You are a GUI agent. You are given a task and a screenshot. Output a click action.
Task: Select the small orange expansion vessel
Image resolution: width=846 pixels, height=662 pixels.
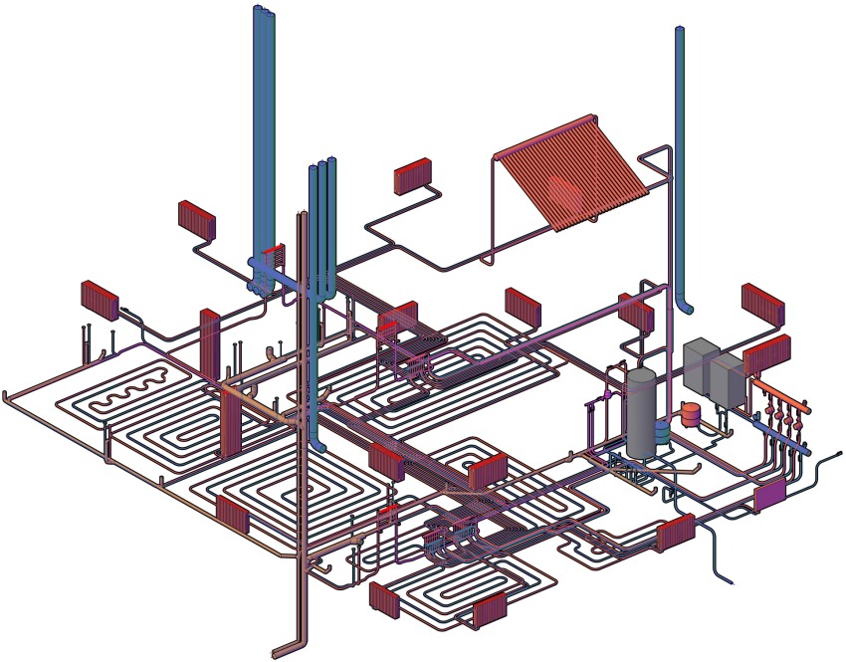click(691, 411)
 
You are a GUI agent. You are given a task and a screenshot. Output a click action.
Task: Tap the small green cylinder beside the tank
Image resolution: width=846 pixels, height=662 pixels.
click(662, 432)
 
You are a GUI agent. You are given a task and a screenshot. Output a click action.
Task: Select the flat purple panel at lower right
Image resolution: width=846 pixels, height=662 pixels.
click(768, 496)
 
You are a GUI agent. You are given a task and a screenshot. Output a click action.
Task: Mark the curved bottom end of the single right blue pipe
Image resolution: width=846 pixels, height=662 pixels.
click(684, 304)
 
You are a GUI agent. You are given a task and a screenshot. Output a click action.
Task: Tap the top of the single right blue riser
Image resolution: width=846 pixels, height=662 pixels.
click(681, 32)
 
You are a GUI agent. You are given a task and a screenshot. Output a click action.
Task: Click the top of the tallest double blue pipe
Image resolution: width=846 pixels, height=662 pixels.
click(264, 12)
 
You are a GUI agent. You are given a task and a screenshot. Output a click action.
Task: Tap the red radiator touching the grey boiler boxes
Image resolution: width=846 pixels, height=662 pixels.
click(767, 354)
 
